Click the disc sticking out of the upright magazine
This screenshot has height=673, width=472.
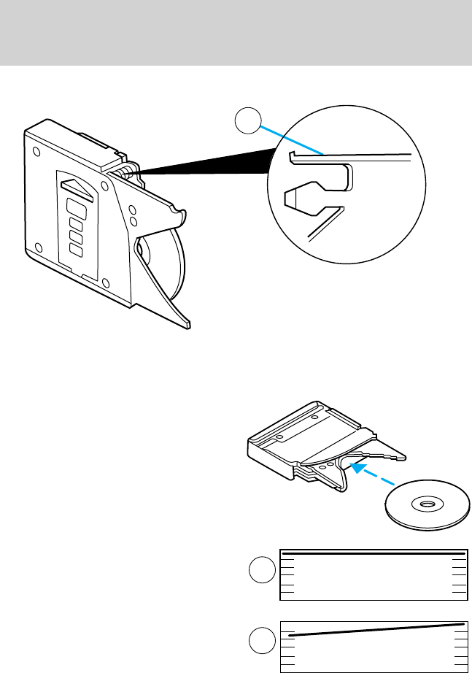[x=172, y=263]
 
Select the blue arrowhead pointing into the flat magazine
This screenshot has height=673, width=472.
[x=356, y=467]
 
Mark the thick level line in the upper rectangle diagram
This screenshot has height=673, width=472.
[x=374, y=554]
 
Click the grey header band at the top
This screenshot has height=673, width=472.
[x=236, y=33]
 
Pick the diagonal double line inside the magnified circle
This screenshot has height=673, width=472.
[x=325, y=223]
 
